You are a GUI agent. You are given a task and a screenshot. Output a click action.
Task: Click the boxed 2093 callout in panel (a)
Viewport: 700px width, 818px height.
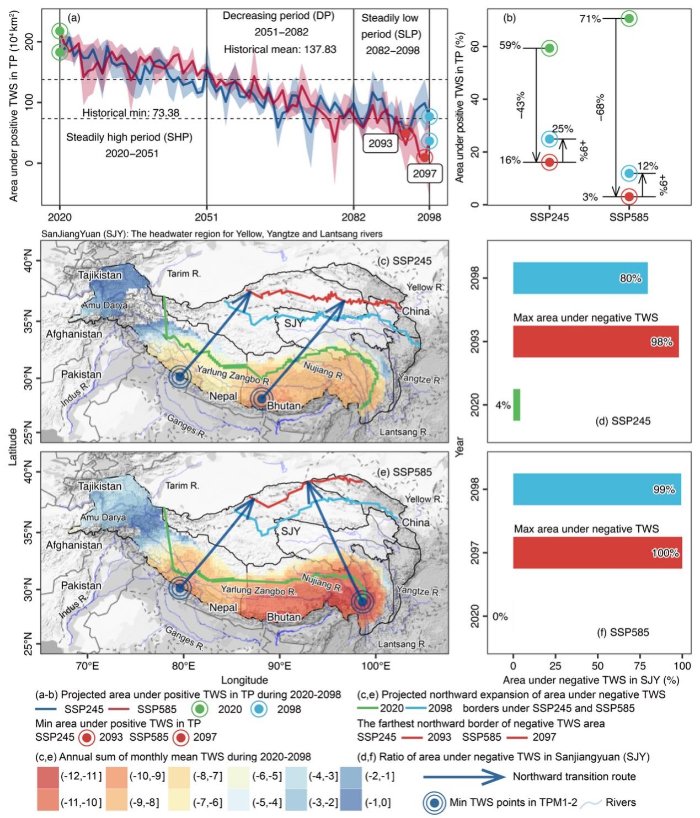[380, 143]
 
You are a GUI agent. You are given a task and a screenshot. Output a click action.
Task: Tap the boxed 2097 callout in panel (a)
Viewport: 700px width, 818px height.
[424, 173]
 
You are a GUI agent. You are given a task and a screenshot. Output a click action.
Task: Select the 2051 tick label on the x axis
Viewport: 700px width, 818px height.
[206, 217]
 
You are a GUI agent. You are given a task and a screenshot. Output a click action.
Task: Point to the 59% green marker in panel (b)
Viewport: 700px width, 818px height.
[549, 49]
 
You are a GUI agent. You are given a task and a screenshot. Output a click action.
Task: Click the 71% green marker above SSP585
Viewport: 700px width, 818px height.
[629, 18]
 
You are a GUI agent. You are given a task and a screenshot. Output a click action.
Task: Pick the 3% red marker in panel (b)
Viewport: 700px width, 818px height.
[629, 196]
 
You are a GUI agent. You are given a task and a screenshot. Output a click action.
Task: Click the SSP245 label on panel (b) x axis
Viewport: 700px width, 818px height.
[549, 217]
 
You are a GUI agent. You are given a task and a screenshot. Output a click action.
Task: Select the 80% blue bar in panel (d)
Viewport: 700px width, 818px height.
[580, 278]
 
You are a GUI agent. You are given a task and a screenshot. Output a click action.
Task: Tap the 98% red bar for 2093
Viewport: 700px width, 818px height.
[596, 341]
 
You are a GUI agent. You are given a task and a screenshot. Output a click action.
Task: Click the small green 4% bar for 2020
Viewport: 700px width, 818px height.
[516, 405]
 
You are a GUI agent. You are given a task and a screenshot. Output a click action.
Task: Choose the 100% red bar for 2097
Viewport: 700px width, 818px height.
[597, 553]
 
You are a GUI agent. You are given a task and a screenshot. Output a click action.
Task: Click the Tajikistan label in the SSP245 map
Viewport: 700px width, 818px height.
[100, 275]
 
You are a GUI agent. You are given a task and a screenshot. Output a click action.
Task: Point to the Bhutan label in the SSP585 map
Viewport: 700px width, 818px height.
[284, 617]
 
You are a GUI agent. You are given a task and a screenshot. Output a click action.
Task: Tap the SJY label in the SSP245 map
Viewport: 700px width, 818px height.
[294, 322]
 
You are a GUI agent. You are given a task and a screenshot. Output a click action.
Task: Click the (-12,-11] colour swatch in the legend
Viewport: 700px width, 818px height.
[47, 776]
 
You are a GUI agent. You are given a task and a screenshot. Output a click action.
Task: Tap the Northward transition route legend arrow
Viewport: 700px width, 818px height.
[464, 776]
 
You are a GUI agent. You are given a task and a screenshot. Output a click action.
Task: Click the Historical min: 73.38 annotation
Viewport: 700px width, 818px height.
[131, 113]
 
